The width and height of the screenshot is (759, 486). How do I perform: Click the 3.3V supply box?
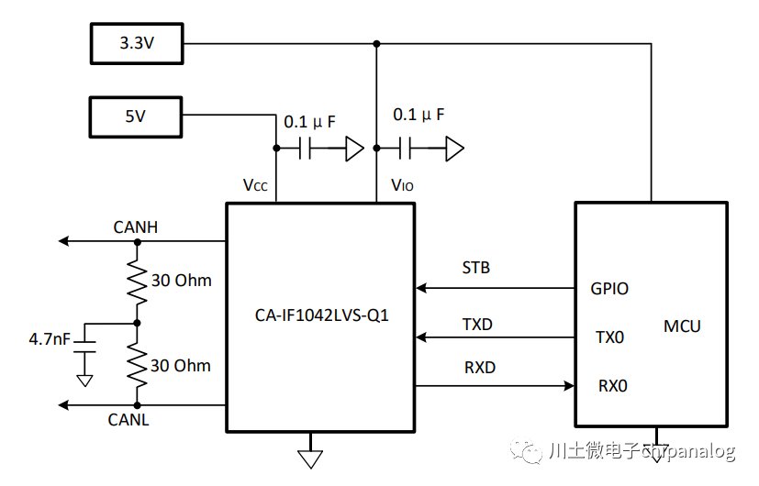137,43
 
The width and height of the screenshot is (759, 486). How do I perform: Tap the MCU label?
683,326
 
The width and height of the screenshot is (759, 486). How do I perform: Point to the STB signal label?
475,268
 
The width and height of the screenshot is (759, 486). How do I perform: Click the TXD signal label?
476,325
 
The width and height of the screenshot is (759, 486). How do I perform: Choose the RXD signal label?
479,368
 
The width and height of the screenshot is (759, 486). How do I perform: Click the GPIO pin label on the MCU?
609,289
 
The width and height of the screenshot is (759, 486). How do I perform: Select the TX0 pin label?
609,337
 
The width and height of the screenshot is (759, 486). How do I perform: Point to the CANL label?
128,420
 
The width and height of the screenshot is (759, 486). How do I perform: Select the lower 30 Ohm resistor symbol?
137,365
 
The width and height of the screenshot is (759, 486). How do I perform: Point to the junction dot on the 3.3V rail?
376,43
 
